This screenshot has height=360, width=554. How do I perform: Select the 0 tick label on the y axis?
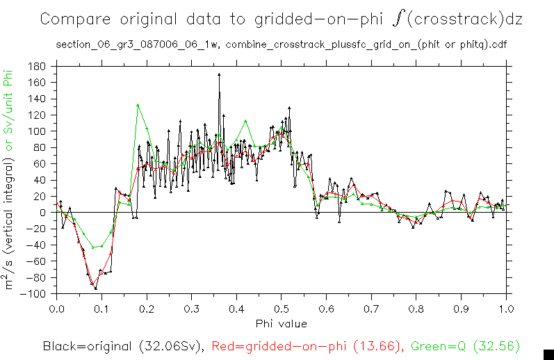coord(43,213)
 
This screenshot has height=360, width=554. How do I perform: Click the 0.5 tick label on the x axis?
coord(281,308)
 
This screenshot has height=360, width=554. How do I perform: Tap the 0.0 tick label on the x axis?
coord(56,308)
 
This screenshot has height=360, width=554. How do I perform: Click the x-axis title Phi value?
coord(281,323)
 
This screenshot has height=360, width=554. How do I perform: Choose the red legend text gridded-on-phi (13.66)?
coord(306,345)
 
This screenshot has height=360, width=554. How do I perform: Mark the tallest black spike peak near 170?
coord(219,74)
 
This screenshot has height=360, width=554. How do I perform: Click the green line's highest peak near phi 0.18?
coord(138,105)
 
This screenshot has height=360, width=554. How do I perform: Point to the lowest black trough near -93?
coord(95,288)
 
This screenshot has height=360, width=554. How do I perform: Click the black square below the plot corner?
coord(547,354)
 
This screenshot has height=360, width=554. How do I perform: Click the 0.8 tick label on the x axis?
coord(416,308)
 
